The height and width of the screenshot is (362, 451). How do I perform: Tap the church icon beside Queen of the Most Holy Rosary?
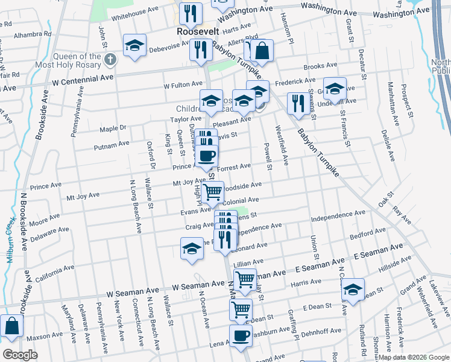click(109, 60)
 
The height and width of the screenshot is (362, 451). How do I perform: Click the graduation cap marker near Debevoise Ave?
click(135, 45)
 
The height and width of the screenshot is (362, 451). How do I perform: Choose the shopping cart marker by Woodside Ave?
click(212, 192)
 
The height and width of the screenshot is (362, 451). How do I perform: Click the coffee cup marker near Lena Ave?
click(241, 335)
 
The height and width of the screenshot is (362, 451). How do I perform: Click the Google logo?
click(20, 355)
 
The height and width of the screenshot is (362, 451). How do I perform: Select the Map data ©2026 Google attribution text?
click(413, 357)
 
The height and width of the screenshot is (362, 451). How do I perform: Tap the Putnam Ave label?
click(115, 144)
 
